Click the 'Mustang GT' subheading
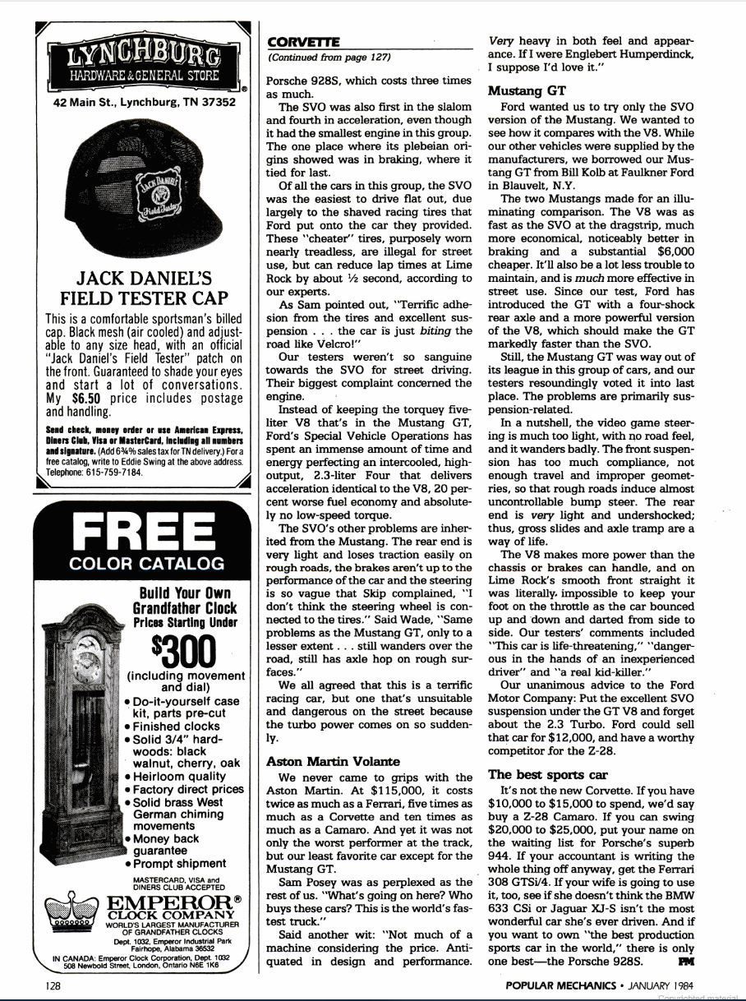pyautogui.click(x=526, y=91)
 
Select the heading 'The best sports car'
pyautogui.click(x=547, y=773)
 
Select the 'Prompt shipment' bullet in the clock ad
pyautogui.click(x=181, y=863)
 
